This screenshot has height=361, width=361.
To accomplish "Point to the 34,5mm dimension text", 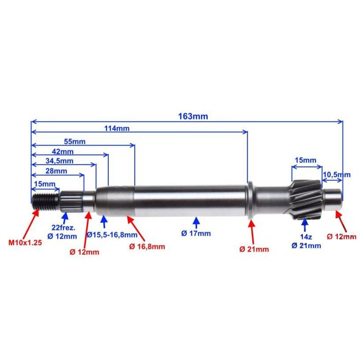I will coord(61,161).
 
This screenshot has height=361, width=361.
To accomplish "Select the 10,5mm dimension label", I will coord(337,174).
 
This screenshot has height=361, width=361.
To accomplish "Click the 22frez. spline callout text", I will coord(64,228).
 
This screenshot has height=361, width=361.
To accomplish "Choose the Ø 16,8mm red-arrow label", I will coord(147,247).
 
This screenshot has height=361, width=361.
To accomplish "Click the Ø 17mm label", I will coord(196,233).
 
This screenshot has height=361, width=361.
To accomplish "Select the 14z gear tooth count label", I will coord(305,237).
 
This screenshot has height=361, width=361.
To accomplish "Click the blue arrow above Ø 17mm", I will coord(196,221).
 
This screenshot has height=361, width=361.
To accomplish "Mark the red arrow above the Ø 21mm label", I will coord(252,229).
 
